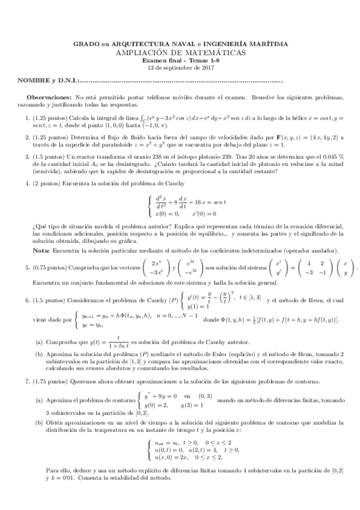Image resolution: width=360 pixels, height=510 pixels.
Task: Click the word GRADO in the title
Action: coord(85,44)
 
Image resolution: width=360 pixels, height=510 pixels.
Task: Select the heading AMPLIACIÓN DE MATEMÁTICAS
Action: coord(181,52)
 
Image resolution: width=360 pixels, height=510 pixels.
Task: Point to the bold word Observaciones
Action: coord(49,97)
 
